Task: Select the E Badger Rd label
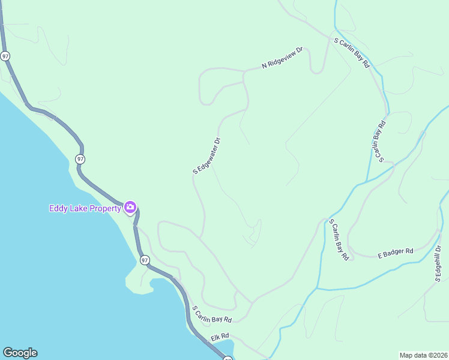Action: (396, 253)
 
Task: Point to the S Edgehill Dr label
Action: (438, 263)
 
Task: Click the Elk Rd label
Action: (220, 338)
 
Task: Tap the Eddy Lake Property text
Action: (84, 208)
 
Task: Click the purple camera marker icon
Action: (130, 208)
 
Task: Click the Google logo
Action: (20, 353)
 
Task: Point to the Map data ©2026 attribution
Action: (423, 355)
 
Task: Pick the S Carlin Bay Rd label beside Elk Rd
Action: (212, 314)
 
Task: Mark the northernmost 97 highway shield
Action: (5, 56)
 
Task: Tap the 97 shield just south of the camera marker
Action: (144, 260)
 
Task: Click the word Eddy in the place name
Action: (58, 208)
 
